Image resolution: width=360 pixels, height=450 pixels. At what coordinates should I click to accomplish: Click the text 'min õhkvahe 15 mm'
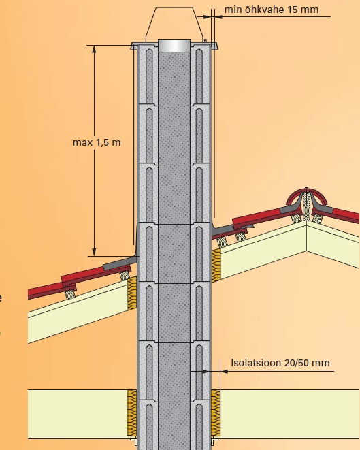click(x=272, y=10)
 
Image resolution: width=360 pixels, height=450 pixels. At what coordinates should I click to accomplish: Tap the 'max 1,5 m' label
click(x=97, y=142)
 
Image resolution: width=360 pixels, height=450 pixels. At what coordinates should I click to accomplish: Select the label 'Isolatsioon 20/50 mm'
click(x=280, y=363)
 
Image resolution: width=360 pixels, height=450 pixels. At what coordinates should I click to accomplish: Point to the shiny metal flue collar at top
click(x=174, y=46)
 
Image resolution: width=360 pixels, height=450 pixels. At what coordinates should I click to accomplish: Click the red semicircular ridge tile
click(x=307, y=195)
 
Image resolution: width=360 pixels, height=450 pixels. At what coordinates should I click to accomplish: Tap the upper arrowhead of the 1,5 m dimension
click(x=94, y=50)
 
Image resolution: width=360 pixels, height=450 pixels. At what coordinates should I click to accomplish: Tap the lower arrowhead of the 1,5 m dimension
click(x=94, y=252)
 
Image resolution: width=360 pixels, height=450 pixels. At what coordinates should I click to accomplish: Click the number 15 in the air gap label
click(x=293, y=10)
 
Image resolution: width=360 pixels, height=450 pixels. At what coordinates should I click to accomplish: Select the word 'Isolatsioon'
click(x=256, y=363)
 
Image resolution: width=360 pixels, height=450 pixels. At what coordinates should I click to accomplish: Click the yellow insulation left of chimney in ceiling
click(x=132, y=413)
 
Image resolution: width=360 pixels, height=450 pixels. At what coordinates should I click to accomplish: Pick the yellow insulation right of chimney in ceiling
click(x=216, y=413)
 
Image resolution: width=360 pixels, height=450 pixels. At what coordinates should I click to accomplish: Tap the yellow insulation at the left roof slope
click(x=132, y=293)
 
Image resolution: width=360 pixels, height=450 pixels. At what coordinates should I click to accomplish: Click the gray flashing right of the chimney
click(x=223, y=229)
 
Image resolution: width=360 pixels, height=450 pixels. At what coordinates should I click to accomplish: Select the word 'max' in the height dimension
click(x=82, y=143)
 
